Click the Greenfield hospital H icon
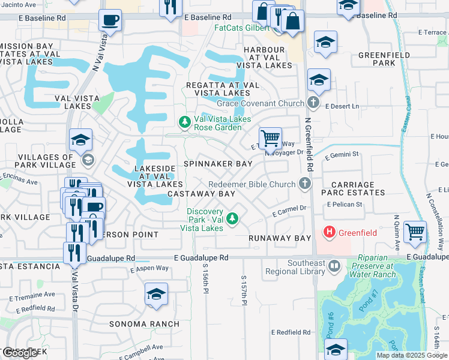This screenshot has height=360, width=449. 329,231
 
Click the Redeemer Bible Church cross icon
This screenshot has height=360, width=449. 306,184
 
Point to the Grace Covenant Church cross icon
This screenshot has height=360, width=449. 313,103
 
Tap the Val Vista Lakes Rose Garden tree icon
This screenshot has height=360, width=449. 185,122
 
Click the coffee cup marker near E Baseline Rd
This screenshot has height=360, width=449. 109,20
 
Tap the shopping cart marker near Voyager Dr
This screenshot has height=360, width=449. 270,137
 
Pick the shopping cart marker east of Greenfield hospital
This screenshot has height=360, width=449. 415,231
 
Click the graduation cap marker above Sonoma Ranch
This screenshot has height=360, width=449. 156,295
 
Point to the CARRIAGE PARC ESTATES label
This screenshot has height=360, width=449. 353,188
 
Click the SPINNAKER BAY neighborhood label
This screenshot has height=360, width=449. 218,164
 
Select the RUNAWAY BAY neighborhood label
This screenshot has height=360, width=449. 280,238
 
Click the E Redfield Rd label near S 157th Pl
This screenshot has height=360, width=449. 291,332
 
